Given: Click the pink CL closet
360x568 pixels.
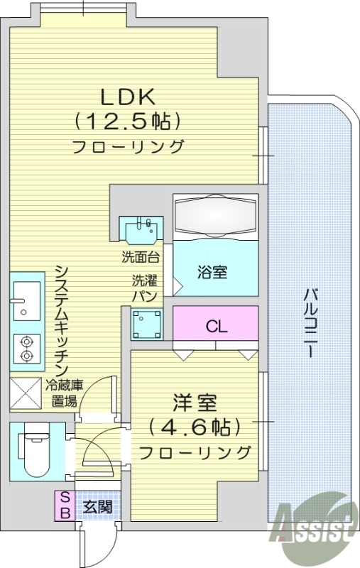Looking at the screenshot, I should pyautogui.click(x=216, y=326).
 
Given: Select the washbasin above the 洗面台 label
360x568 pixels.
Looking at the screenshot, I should pyautogui.click(x=140, y=229).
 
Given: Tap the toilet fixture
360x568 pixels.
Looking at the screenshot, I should pyautogui.click(x=32, y=450).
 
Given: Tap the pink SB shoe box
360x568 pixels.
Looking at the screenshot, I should pyautogui.click(x=64, y=505).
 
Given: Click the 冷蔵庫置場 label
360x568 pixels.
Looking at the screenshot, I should pyautogui.click(x=65, y=393).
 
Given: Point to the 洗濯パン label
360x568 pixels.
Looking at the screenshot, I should pyautogui.click(x=139, y=287).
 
